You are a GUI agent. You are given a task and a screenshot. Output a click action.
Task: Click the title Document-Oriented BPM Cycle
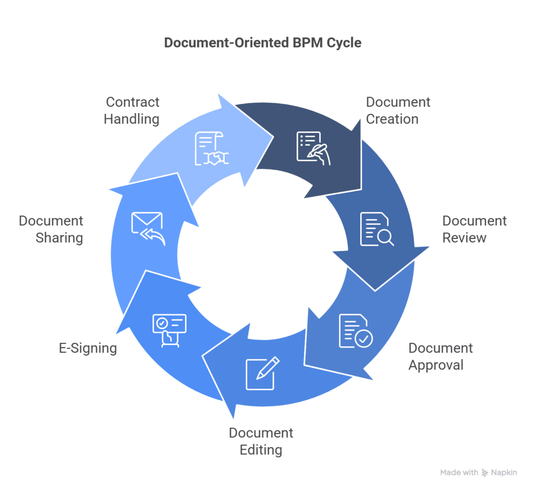(262, 43)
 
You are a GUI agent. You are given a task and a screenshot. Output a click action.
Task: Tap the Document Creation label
(398, 111)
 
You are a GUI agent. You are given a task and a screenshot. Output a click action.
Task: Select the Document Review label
(474, 229)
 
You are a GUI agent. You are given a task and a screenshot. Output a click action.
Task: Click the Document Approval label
(440, 356)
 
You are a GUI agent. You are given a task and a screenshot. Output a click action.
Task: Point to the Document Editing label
(261, 441)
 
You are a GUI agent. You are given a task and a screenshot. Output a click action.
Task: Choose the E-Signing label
(88, 348)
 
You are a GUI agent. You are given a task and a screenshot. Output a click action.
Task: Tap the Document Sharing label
(51, 229)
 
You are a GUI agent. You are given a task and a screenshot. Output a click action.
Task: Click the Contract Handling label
(131, 111)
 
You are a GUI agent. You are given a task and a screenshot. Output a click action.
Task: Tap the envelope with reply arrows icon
(148, 229)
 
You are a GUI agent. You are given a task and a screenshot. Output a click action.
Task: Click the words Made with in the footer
(459, 473)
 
